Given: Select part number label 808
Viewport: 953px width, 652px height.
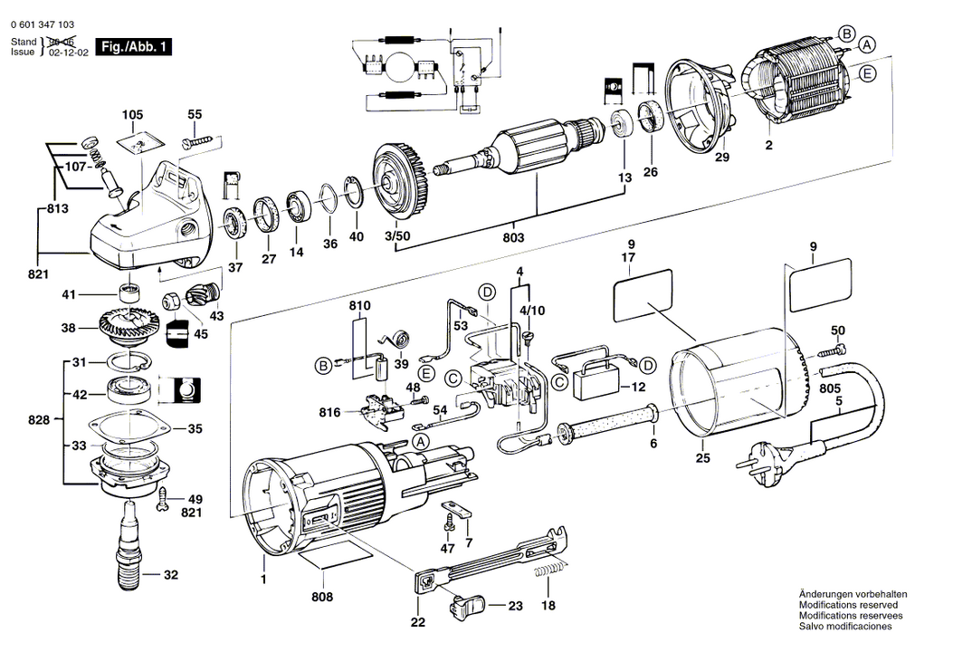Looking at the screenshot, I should (322, 597).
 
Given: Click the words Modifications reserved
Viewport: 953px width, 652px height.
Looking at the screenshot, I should (848, 605).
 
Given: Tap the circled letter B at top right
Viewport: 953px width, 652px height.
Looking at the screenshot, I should (847, 34).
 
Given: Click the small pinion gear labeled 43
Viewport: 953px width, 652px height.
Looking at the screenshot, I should (199, 296).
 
